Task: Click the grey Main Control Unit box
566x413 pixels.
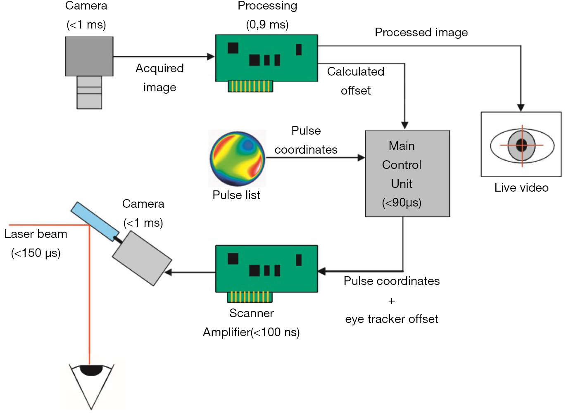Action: (407, 173)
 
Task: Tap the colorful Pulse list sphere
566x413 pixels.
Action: (237, 159)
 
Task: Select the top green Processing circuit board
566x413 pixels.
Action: (266, 58)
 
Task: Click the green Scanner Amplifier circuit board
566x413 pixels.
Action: (266, 269)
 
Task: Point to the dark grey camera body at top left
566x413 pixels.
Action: (89, 56)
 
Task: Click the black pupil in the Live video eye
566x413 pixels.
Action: (522, 145)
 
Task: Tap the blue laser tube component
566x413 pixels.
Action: (95, 221)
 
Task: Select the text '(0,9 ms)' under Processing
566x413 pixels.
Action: (267, 25)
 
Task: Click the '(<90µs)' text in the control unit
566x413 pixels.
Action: (402, 203)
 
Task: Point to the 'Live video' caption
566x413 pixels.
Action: (521, 188)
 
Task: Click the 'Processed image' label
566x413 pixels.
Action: (421, 33)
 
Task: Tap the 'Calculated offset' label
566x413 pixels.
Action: (356, 81)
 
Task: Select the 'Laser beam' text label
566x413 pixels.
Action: (36, 234)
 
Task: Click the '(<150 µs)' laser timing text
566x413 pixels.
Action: (36, 253)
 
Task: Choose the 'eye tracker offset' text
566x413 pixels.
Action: (392, 319)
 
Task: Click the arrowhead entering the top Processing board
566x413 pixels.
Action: (211, 57)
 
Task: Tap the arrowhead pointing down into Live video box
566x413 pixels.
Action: (521, 108)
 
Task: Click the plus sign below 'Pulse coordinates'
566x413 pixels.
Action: (392, 301)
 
